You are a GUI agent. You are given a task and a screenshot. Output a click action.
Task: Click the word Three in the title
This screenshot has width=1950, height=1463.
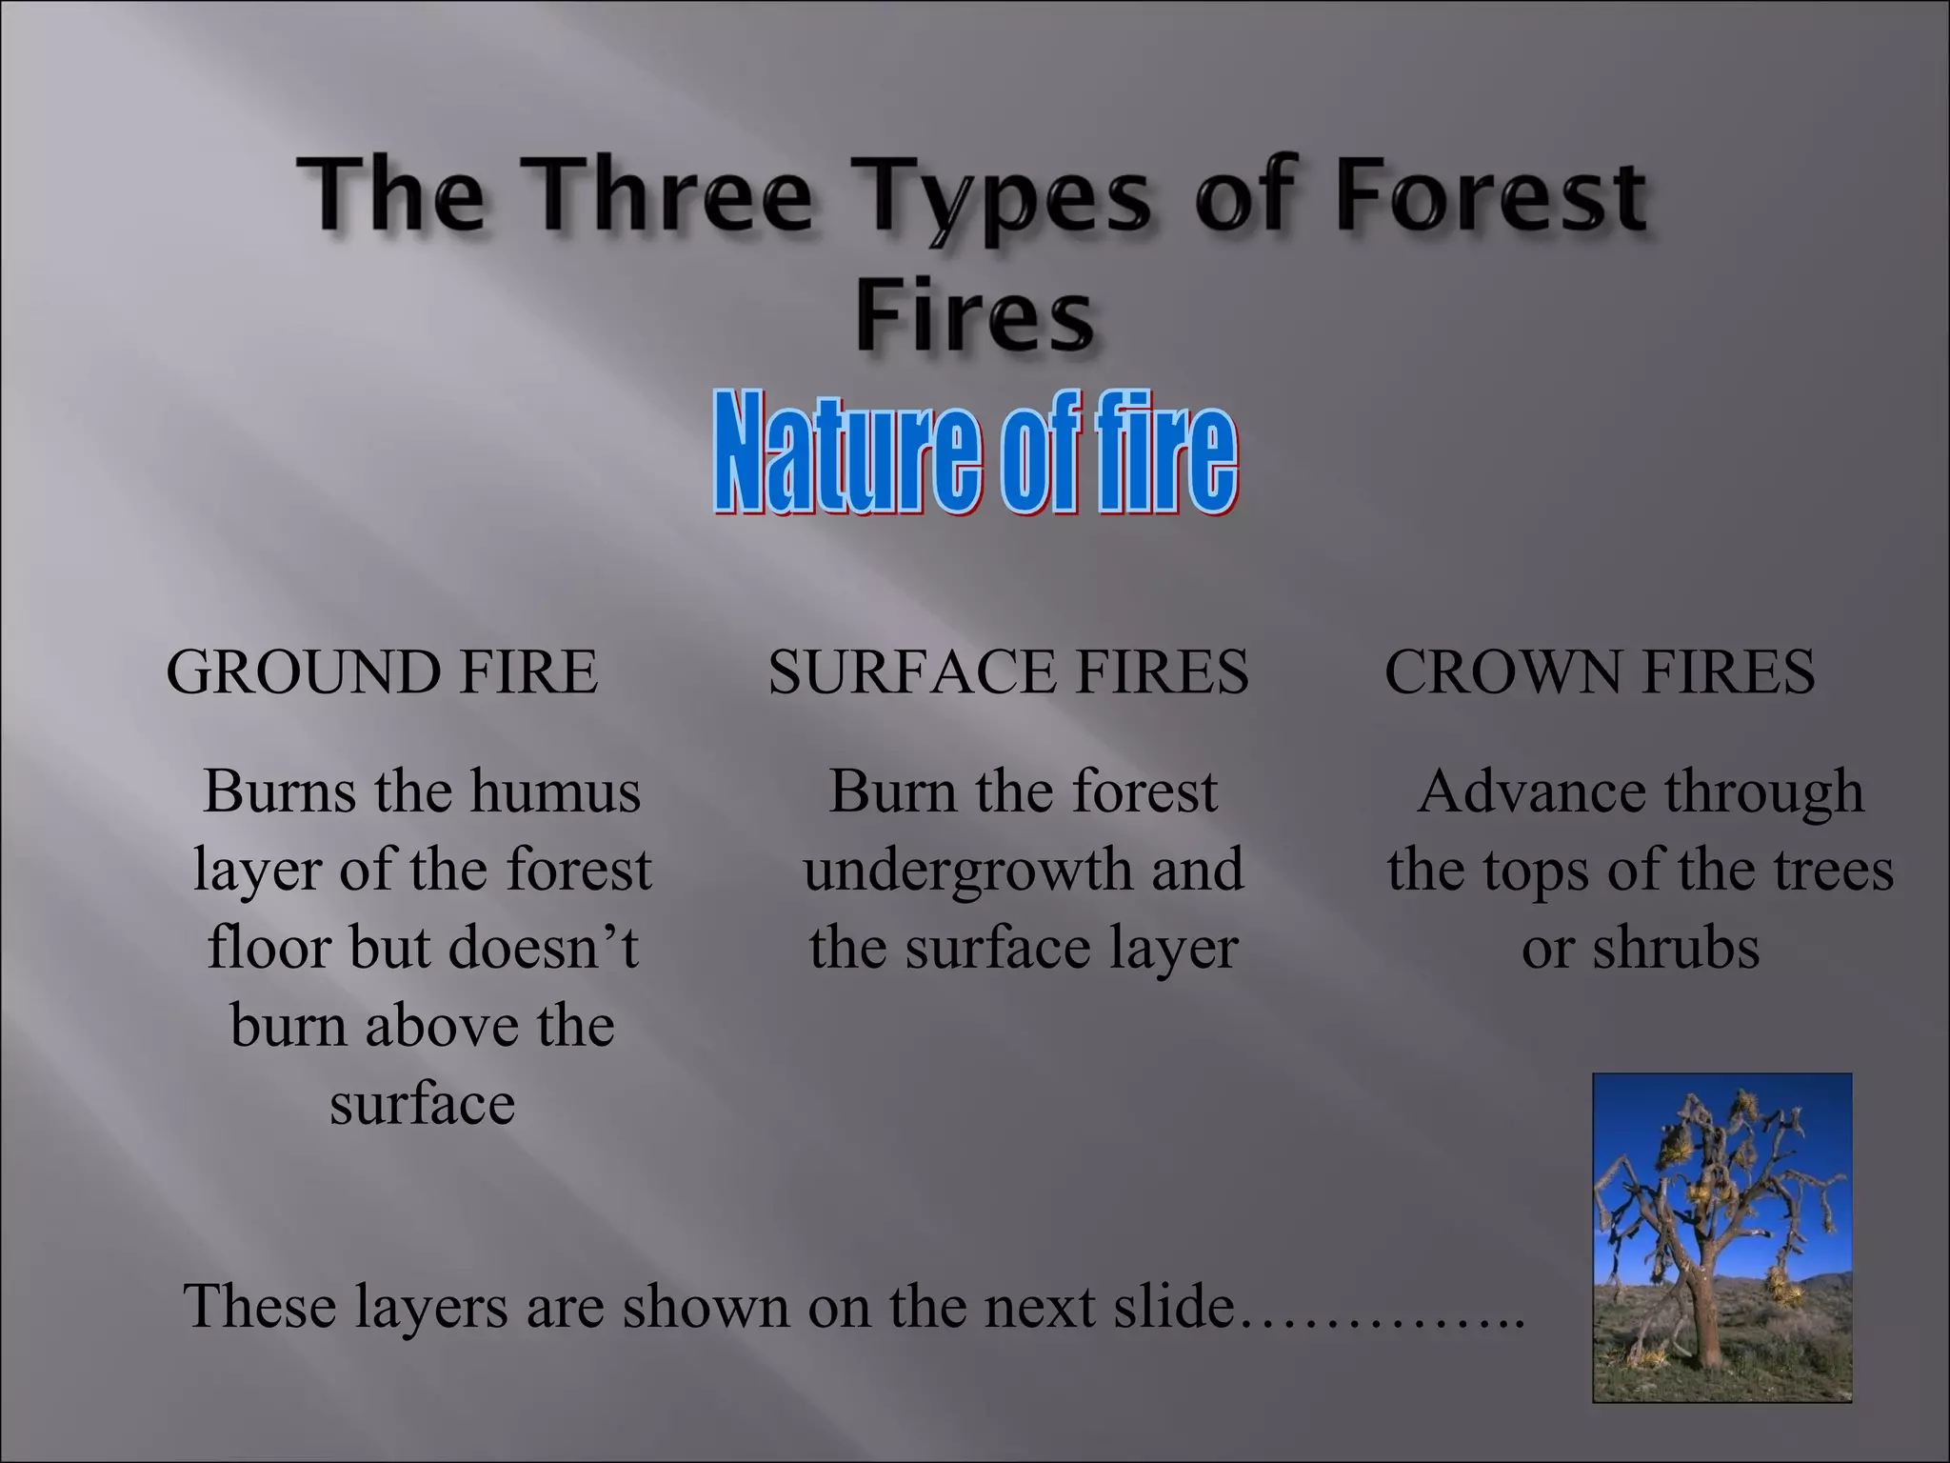(x=671, y=195)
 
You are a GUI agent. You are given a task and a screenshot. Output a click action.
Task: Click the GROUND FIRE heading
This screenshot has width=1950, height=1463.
(x=382, y=671)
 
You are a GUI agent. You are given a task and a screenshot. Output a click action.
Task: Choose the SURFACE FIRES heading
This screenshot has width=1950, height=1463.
(x=1008, y=671)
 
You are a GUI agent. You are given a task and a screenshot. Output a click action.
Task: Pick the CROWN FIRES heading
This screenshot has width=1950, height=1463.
(x=1600, y=671)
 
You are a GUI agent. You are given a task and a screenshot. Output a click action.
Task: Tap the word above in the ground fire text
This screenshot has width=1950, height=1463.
(x=443, y=1026)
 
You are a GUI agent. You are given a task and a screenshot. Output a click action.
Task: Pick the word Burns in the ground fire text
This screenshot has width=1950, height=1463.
(x=279, y=792)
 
